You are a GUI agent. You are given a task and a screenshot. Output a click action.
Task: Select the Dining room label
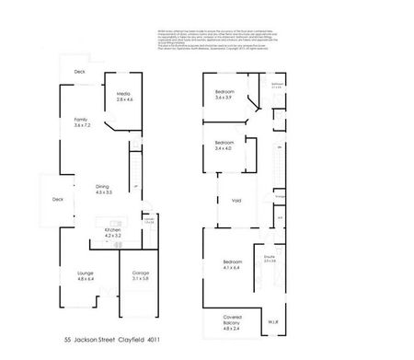coord(102,190)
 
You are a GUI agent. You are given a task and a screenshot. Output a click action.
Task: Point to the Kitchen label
coord(113,233)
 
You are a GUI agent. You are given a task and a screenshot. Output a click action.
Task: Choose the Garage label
coord(140,276)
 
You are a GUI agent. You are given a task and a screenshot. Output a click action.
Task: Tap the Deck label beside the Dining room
coord(57,199)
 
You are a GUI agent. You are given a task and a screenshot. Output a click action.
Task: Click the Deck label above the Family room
coord(79,71)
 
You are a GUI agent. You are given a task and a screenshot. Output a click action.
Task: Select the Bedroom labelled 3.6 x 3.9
coord(225,95)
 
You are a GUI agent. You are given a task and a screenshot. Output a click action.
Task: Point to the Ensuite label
coord(270,260)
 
